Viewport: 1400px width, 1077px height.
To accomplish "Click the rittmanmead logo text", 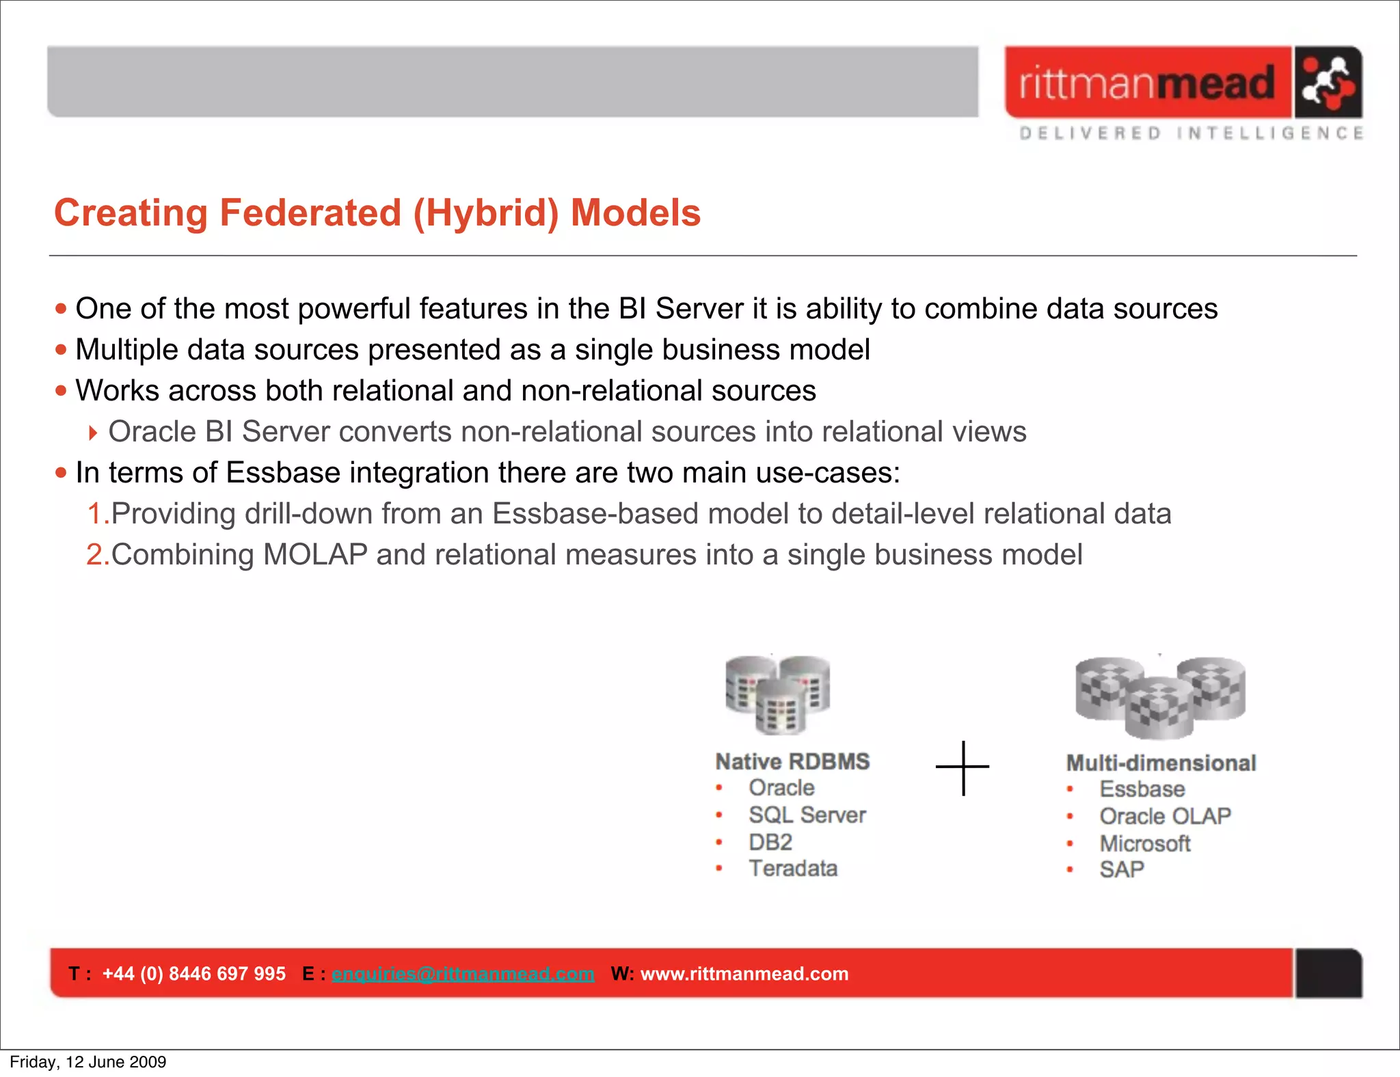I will (1147, 83).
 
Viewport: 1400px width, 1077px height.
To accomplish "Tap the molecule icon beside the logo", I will (1328, 83).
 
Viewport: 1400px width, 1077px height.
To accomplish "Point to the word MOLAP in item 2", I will (315, 555).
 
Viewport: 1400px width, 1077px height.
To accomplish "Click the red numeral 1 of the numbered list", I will (94, 514).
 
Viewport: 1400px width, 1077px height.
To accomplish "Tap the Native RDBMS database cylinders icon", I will (778, 694).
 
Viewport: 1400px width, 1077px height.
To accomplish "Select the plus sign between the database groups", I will (962, 767).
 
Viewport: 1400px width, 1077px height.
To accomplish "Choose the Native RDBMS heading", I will (792, 761).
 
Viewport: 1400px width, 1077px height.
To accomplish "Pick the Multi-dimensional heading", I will (1161, 763).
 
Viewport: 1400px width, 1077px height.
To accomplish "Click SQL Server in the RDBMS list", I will (807, 815).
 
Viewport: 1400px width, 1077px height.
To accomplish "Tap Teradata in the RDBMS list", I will (793, 869).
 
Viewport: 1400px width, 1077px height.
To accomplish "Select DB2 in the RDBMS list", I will (770, 842).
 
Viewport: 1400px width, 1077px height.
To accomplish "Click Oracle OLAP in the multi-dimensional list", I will (1165, 816).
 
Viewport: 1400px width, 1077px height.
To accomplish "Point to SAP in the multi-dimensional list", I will (1122, 870).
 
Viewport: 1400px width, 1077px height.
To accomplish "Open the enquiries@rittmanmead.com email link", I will (463, 974).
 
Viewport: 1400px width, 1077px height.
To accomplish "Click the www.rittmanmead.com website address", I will (744, 974).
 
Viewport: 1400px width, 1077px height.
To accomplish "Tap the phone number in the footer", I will (194, 974).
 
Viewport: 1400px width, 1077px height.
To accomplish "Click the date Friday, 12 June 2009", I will (88, 1062).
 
